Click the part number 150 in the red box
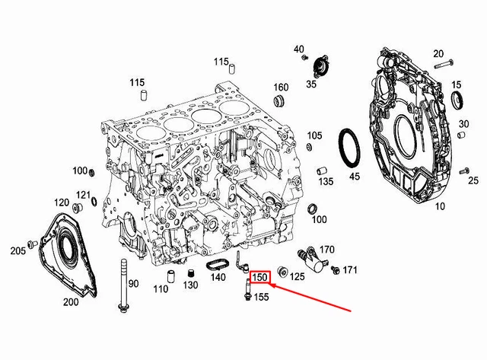click(x=260, y=278)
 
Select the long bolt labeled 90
click(x=121, y=285)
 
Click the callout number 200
click(x=71, y=302)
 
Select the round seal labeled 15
click(x=458, y=100)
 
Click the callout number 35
click(x=311, y=84)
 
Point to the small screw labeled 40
click(x=304, y=58)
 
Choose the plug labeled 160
click(x=280, y=101)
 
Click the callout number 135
click(x=326, y=182)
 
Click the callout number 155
click(x=261, y=298)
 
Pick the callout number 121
click(x=83, y=195)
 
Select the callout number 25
click(x=473, y=180)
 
